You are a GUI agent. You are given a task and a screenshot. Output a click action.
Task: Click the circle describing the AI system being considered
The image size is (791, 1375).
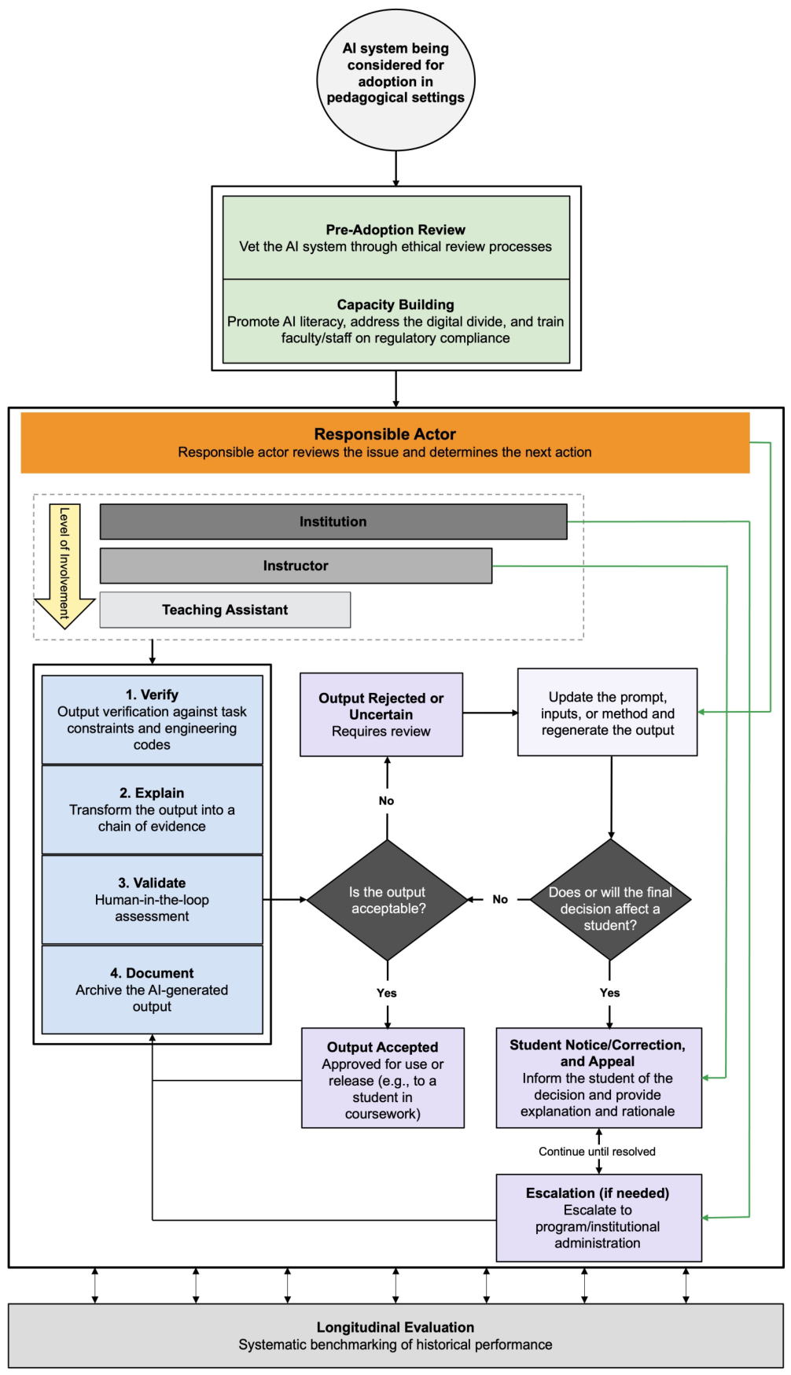pos(395,80)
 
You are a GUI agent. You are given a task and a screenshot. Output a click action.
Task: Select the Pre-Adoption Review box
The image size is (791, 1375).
pos(396,238)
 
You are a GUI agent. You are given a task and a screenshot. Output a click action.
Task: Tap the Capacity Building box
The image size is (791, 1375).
pos(396,321)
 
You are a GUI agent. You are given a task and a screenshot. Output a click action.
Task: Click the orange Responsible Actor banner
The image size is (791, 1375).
pos(385,443)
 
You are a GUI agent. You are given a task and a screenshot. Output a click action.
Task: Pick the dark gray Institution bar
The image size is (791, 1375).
pos(333,522)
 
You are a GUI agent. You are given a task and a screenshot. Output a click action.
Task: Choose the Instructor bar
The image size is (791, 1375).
pos(296,566)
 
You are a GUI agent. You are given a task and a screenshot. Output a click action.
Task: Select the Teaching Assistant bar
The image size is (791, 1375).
pos(225,610)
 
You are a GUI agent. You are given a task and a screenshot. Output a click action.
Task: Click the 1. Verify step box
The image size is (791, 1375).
pos(152,720)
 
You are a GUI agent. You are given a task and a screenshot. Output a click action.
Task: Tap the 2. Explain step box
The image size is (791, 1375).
pos(152,809)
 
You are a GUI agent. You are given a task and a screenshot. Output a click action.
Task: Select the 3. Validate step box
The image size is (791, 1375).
pos(152,899)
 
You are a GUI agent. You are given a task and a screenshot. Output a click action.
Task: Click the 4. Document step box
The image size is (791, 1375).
pos(152,990)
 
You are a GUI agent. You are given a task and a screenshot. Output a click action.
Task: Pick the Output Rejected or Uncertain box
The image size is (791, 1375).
pos(381,714)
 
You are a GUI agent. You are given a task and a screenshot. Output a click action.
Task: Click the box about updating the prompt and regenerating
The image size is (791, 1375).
pos(608,713)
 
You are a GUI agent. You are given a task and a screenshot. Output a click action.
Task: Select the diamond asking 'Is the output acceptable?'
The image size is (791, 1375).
pos(388,900)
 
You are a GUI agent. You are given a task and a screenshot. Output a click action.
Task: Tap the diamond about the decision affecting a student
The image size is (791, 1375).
pos(610,900)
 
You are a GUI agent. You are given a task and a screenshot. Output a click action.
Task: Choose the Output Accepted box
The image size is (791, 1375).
pos(383,1078)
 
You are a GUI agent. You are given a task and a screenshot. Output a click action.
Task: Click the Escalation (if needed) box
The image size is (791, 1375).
pos(598,1218)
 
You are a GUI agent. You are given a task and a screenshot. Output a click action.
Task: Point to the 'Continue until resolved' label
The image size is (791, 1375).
pos(597,1152)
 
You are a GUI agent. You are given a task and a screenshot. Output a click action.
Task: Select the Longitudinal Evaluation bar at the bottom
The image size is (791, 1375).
pos(395,1336)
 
